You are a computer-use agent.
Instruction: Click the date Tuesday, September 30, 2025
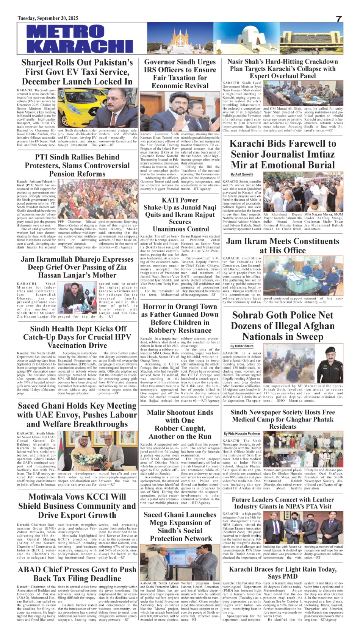tap(48, 18)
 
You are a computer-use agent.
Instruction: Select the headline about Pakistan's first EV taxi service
tap(77, 72)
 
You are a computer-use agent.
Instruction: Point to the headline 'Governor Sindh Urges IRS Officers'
tap(180, 74)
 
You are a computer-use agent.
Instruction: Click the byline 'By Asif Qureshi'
tap(242, 174)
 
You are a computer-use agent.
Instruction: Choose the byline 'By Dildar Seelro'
tap(242, 346)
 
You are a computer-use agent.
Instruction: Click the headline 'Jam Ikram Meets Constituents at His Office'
tap(282, 246)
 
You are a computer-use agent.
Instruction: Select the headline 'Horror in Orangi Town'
tap(180, 319)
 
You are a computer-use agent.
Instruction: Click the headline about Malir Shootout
tap(180, 424)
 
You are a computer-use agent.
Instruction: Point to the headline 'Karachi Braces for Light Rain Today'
tap(282, 573)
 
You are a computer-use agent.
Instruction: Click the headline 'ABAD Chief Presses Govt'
tap(77, 574)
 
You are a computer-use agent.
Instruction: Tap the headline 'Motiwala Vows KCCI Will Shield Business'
tap(77, 506)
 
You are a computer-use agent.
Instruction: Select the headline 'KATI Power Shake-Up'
tap(180, 214)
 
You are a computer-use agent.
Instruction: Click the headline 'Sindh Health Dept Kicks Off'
tap(77, 337)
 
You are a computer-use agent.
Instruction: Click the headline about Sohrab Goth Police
tap(282, 326)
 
